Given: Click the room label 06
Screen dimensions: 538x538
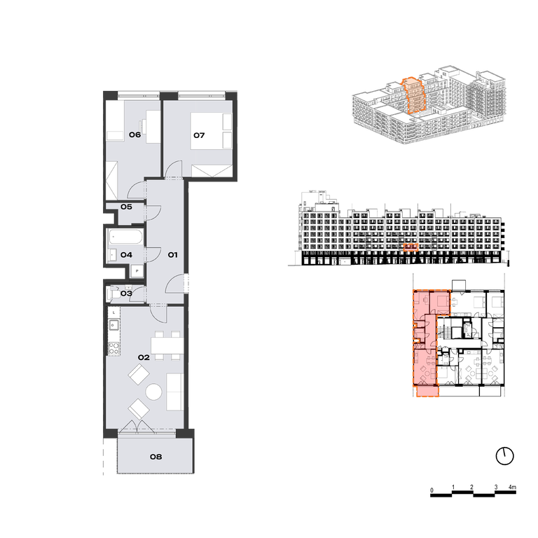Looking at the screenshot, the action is coord(134,134).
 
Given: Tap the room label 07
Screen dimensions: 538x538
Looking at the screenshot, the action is coord(199,135).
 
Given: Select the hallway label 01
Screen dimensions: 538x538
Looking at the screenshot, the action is coord(172,254).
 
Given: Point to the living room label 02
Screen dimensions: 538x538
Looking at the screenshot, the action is coord(144,357).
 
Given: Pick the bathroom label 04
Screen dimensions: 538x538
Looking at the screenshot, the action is coord(126,255).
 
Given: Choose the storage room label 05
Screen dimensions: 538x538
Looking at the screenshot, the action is coord(126,207).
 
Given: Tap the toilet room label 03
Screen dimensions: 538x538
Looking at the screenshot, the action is coord(126,294).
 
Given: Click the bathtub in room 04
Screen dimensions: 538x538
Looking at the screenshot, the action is coord(125,237).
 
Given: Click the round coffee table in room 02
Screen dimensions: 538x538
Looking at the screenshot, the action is coord(153,392).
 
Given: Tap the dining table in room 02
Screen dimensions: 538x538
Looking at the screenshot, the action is coord(167,345).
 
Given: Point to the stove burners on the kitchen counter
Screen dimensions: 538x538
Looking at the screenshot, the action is coord(114,348).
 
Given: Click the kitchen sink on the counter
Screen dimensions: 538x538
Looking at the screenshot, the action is coord(114,324).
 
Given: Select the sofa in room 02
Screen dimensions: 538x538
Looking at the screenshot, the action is coord(174,392).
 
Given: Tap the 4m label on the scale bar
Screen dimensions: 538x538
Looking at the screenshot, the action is coord(512,488).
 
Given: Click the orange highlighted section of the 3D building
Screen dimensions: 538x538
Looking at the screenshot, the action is coord(414,96).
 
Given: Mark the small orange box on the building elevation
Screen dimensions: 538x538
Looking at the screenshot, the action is coord(411,247).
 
